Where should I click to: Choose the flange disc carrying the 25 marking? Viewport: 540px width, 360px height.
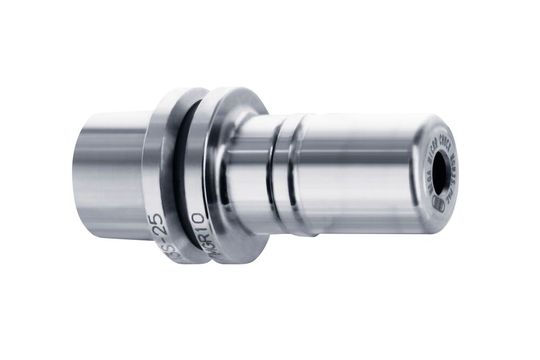pyautogui.click(x=160, y=170)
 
